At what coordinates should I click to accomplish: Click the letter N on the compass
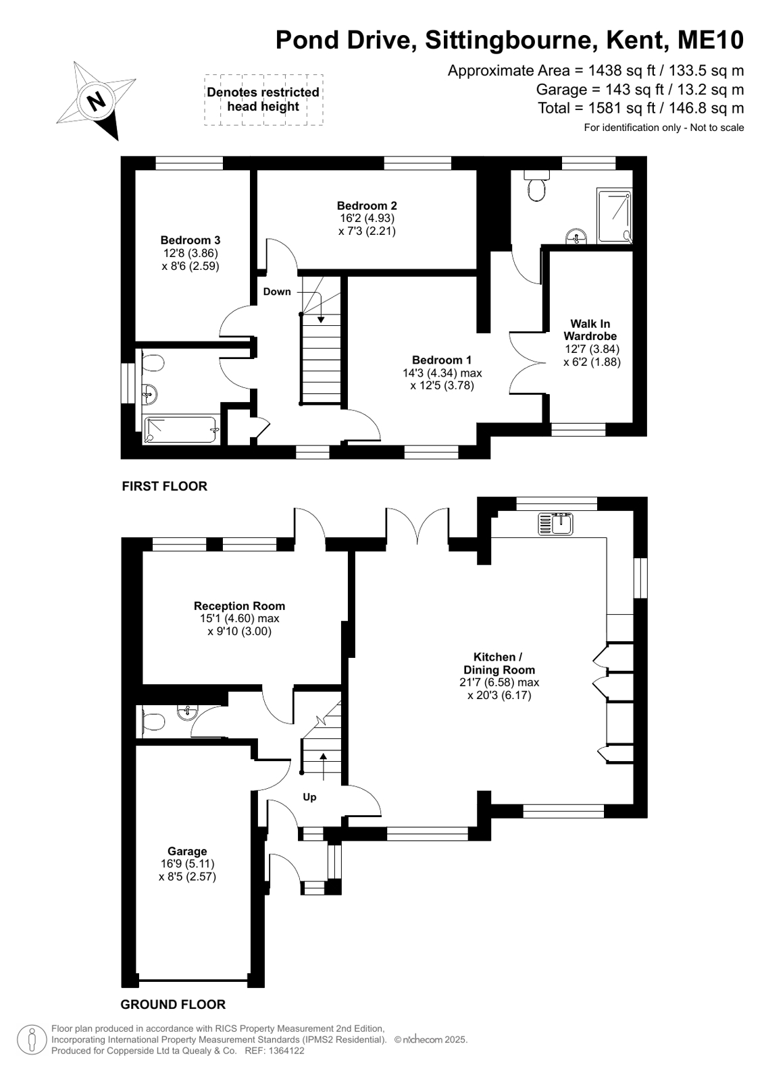pyautogui.click(x=97, y=102)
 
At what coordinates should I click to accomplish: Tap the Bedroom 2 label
pyautogui.click(x=367, y=206)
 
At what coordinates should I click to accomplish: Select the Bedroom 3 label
pyautogui.click(x=190, y=240)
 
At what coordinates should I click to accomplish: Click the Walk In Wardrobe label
pyautogui.click(x=590, y=330)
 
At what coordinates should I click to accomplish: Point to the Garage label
pyautogui.click(x=187, y=851)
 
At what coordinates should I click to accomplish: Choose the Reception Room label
pyautogui.click(x=239, y=606)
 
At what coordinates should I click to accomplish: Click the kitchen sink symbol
pyautogui.click(x=556, y=524)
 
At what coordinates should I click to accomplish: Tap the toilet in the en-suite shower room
pyautogui.click(x=536, y=186)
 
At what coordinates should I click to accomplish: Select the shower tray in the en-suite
pyautogui.click(x=614, y=215)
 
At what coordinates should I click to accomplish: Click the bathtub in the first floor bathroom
pyautogui.click(x=181, y=429)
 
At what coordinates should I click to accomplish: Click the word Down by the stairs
pyautogui.click(x=277, y=292)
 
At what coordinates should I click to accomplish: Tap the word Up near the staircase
pyautogui.click(x=309, y=797)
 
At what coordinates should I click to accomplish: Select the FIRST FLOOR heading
pyautogui.click(x=164, y=486)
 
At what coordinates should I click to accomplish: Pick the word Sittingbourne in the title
pyautogui.click(x=509, y=40)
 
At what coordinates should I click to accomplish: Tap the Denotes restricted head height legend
pyautogui.click(x=263, y=99)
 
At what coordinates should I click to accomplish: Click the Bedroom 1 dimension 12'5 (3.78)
pyautogui.click(x=442, y=385)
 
